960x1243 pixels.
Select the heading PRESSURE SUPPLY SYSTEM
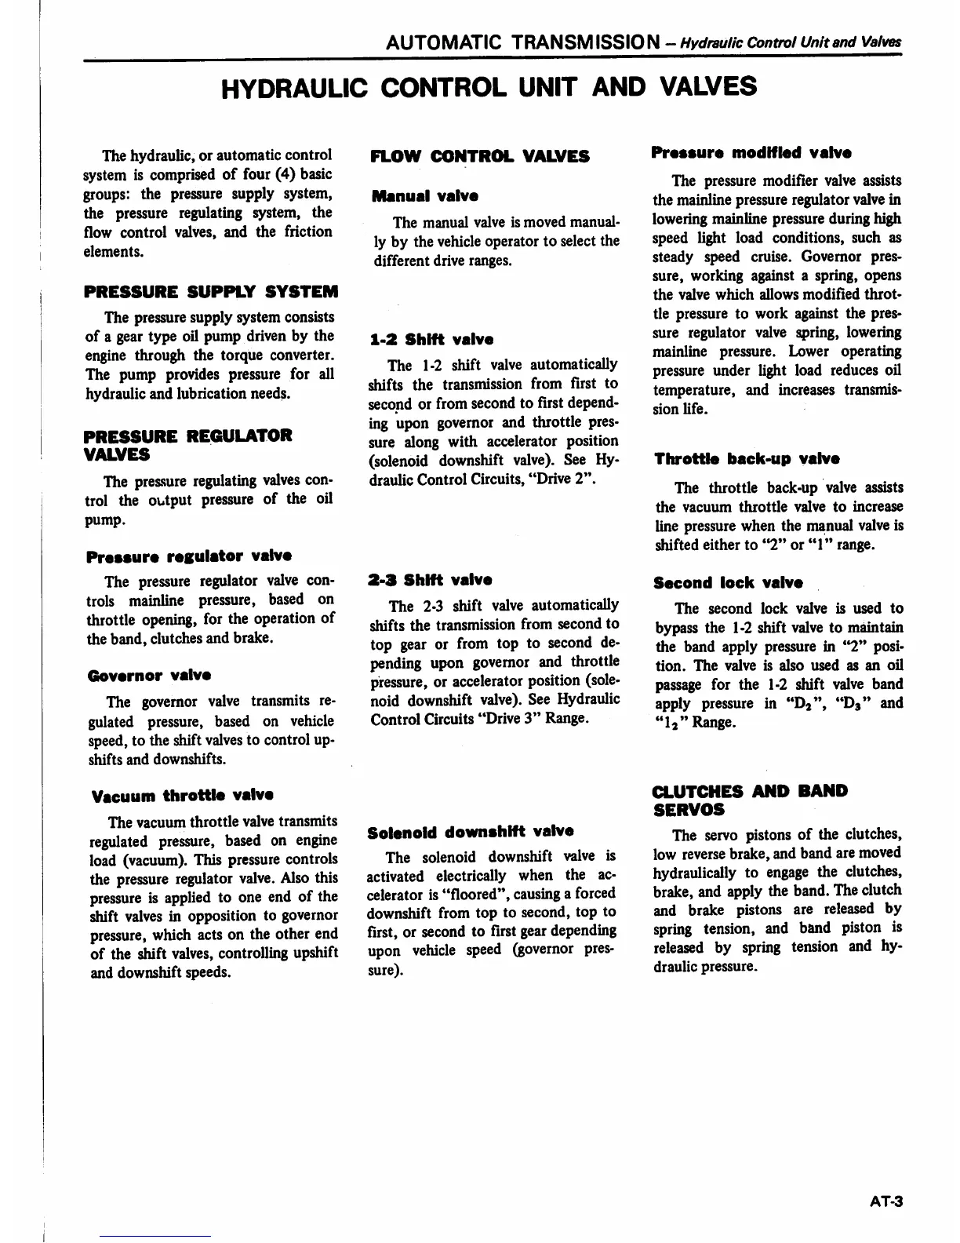click(211, 292)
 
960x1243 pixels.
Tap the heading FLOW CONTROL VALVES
click(480, 156)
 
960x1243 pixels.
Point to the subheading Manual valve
click(424, 195)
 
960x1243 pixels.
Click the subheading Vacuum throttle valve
click(182, 796)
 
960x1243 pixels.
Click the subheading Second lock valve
click(728, 583)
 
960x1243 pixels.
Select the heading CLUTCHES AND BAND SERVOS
click(749, 800)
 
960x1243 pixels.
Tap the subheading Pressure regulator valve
click(189, 556)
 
